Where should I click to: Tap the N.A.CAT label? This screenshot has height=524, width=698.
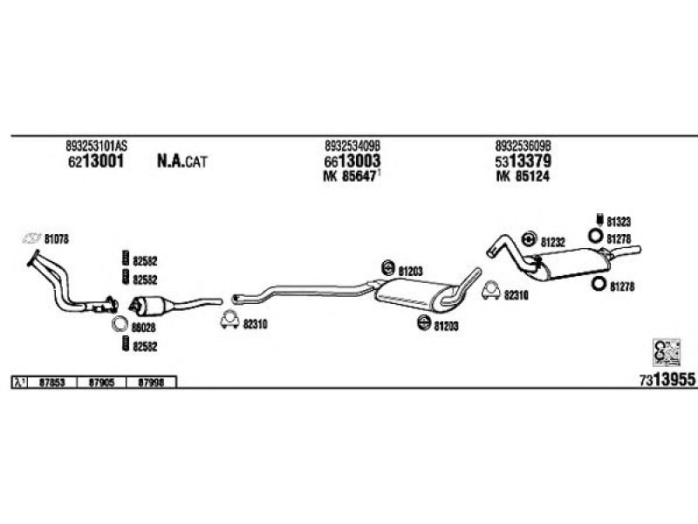click(182, 161)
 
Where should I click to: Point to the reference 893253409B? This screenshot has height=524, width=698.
click(353, 146)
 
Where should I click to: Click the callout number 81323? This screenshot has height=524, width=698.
click(620, 221)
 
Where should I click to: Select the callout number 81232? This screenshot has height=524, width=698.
click(553, 241)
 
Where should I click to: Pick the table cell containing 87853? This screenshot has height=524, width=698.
click(53, 382)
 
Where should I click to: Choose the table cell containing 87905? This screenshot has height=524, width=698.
click(103, 382)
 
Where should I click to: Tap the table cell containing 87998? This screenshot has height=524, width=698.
click(153, 382)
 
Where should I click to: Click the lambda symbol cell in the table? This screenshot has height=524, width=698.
click(19, 382)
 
